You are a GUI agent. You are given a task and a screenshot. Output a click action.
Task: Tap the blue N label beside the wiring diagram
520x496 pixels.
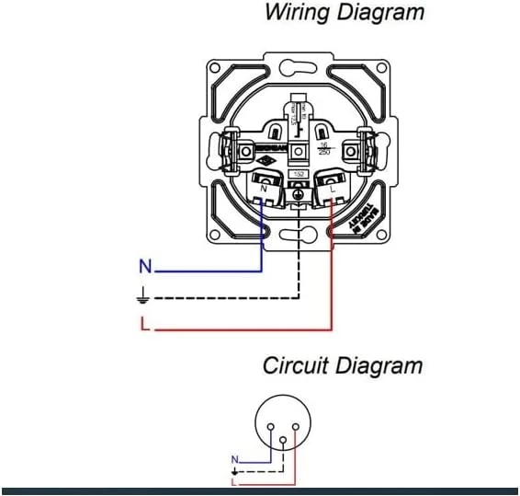tap(144, 268)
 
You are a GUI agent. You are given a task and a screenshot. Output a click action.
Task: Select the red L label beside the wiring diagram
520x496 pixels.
tap(144, 324)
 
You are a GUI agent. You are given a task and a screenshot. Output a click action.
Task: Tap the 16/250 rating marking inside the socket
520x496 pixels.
tap(322, 150)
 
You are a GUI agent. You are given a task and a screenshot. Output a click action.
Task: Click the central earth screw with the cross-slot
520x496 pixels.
tap(297, 192)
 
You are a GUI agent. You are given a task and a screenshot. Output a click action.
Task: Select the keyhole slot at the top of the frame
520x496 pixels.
tap(296, 68)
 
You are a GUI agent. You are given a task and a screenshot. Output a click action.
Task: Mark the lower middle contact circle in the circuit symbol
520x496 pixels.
tap(283, 440)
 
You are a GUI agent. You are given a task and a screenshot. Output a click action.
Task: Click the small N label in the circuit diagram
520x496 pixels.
tap(234, 458)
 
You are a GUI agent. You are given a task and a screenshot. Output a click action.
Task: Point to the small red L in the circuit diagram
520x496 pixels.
tap(234, 481)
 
